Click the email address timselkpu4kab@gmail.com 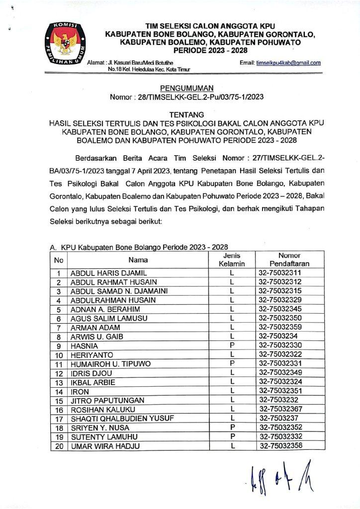288,63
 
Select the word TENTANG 180,114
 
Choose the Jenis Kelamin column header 232,259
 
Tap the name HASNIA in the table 85,345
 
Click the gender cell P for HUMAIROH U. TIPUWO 232,364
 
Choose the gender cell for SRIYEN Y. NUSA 232,427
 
